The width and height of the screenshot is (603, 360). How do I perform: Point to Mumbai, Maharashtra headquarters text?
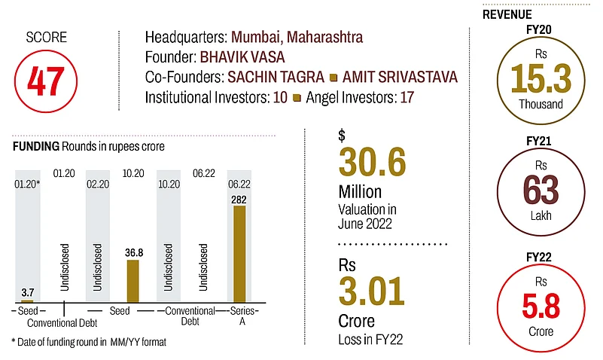pos(297,37)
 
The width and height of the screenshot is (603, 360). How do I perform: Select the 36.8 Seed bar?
pos(132,281)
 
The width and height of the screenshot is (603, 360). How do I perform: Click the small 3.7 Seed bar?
pos(27,301)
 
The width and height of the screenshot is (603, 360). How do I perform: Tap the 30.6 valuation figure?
pos(372,163)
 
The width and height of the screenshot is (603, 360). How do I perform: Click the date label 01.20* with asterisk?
pos(28,182)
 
